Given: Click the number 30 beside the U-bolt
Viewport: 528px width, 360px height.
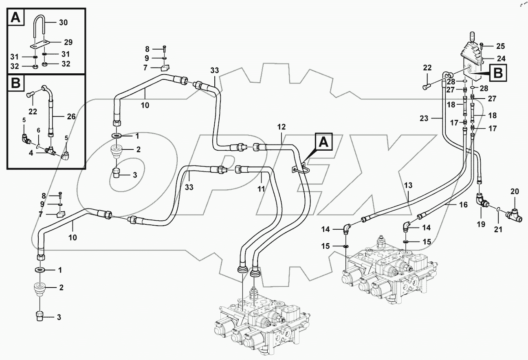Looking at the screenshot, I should pyautogui.click(x=63, y=23).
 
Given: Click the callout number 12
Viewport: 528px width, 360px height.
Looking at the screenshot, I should pyautogui.click(x=282, y=127).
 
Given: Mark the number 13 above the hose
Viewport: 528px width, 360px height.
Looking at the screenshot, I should pyautogui.click(x=408, y=185).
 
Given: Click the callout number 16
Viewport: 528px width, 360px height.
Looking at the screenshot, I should pyautogui.click(x=463, y=205).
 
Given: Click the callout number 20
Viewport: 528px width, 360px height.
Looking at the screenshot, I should pyautogui.click(x=515, y=191).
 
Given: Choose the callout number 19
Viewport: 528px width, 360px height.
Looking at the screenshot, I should pyautogui.click(x=481, y=224).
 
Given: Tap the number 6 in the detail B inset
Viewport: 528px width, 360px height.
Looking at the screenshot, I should pyautogui.click(x=38, y=130).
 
